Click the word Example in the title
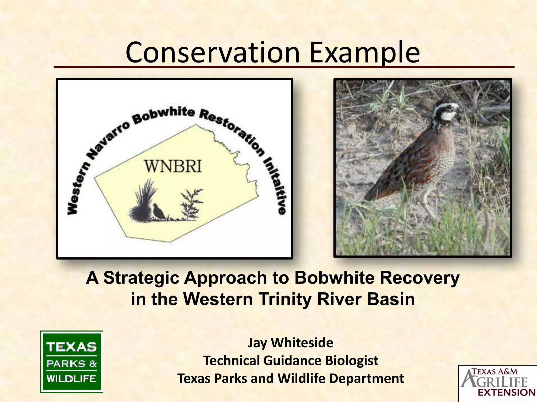(364, 54)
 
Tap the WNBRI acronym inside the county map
(173, 166)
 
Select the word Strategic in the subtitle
(141, 278)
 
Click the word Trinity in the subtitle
(286, 299)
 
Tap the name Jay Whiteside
(291, 343)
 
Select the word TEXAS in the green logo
(71, 347)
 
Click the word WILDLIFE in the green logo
(71, 379)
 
